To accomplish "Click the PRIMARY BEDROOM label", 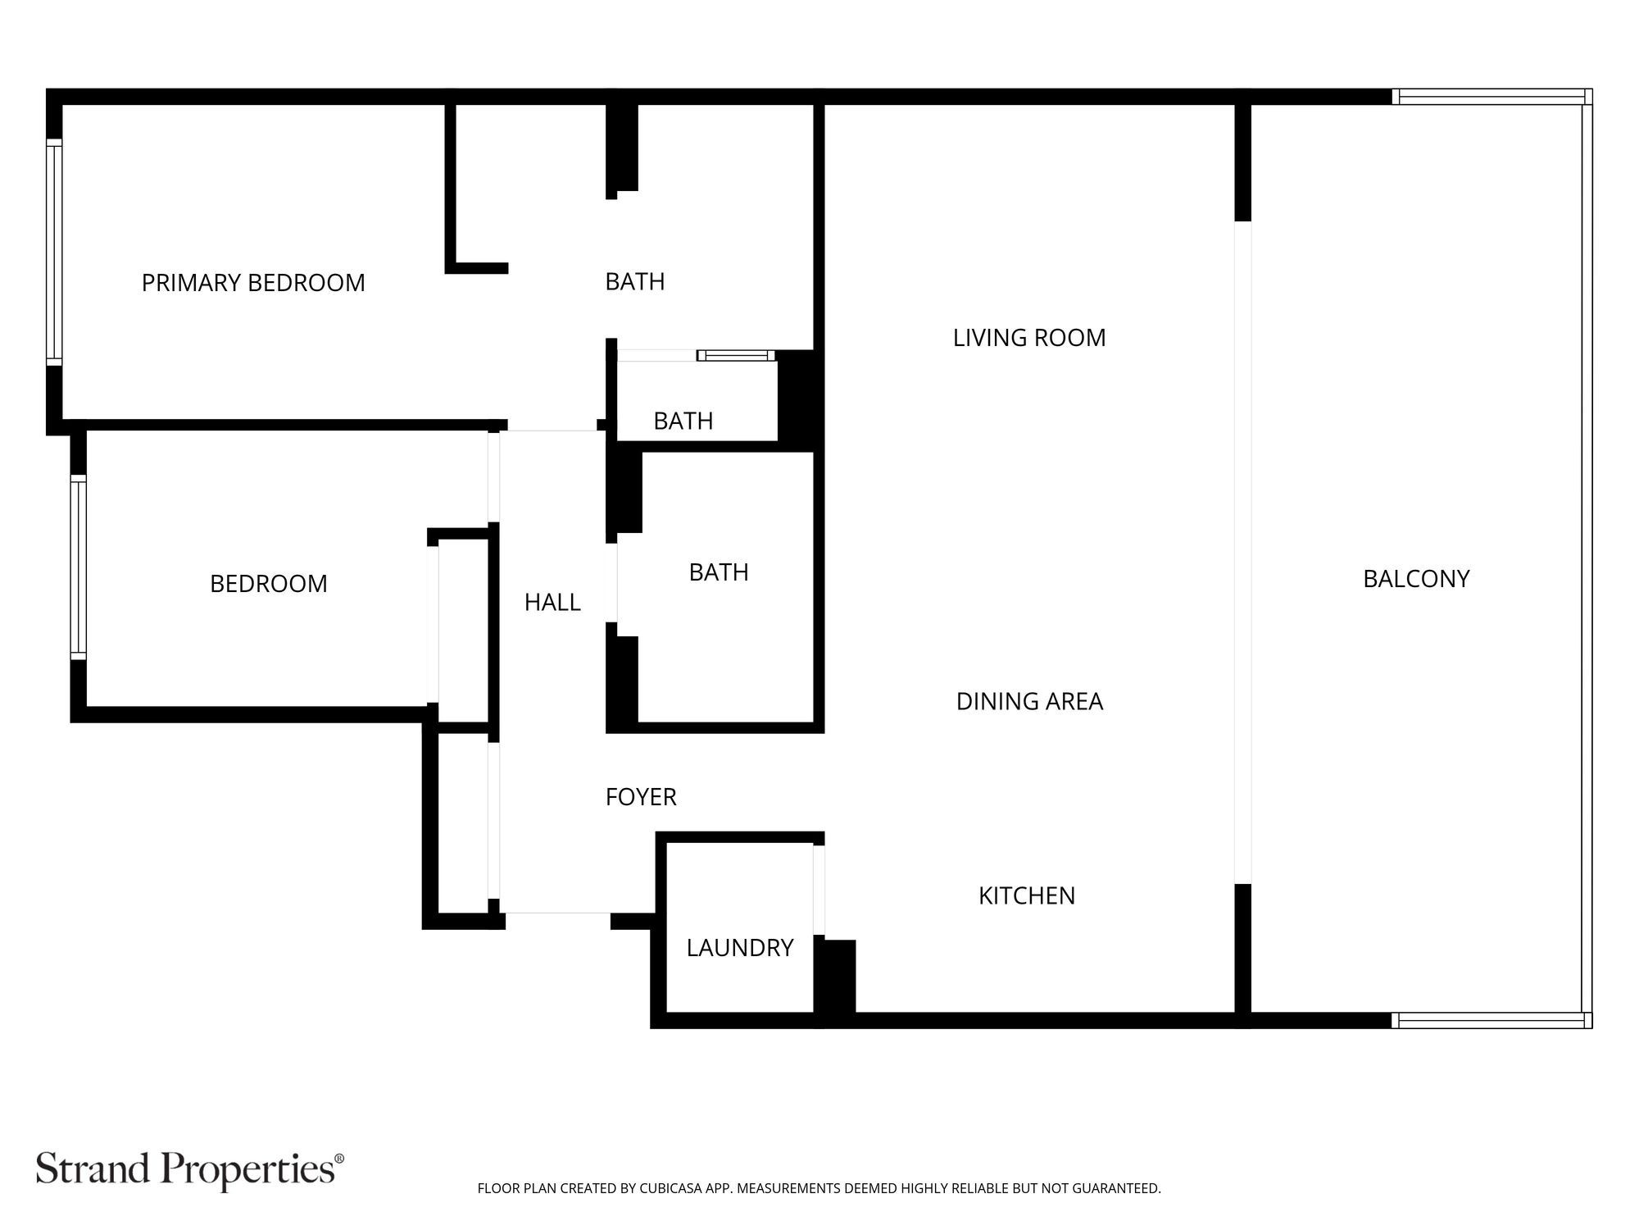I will pos(253,283).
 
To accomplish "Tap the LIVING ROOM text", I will pos(1029,338).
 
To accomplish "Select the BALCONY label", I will pos(1416,579).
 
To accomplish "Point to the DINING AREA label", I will pos(1029,701).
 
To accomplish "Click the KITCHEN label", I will pos(1027,895).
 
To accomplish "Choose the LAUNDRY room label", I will pos(739,948).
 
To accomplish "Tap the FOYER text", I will pos(641,797).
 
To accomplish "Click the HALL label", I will pos(552,603).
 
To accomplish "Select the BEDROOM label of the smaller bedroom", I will pos(269,584).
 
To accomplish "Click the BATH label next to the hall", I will pos(719,572).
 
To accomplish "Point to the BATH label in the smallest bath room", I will pos(683,421).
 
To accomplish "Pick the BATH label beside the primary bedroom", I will pos(635,282).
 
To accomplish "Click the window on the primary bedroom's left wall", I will pos(54,253).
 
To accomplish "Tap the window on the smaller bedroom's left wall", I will pos(78,567).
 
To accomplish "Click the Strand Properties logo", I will pos(189,1168).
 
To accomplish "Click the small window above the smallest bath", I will pos(736,355).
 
